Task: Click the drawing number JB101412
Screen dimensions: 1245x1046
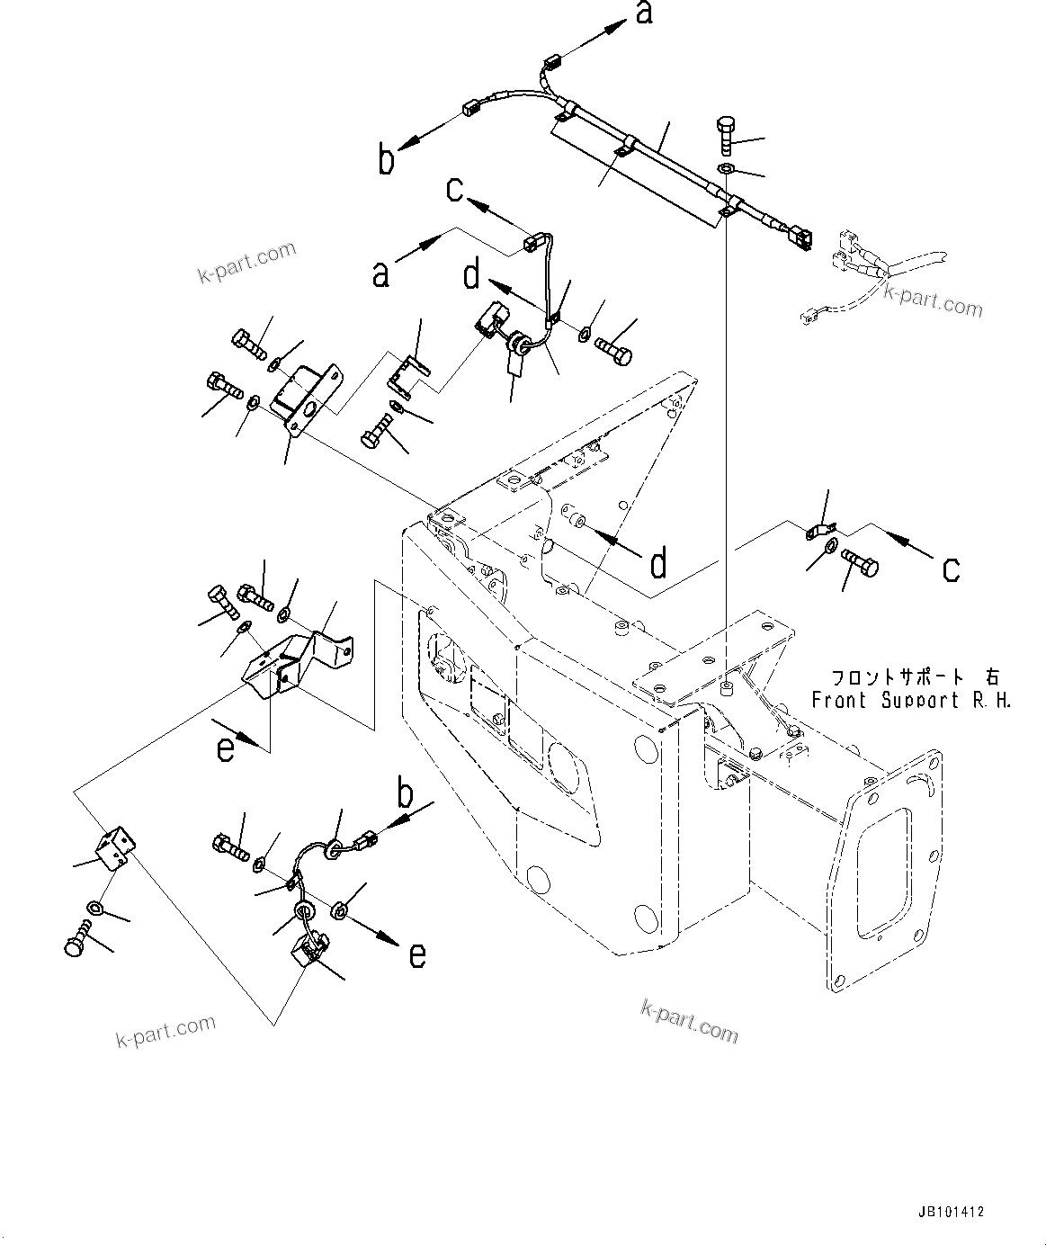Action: (x=952, y=1212)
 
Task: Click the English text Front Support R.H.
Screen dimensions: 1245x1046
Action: (x=911, y=700)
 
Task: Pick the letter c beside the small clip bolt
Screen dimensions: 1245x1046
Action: (x=950, y=568)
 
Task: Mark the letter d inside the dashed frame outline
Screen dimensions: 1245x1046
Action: (x=659, y=563)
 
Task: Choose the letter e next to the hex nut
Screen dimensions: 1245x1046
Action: (x=416, y=954)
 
